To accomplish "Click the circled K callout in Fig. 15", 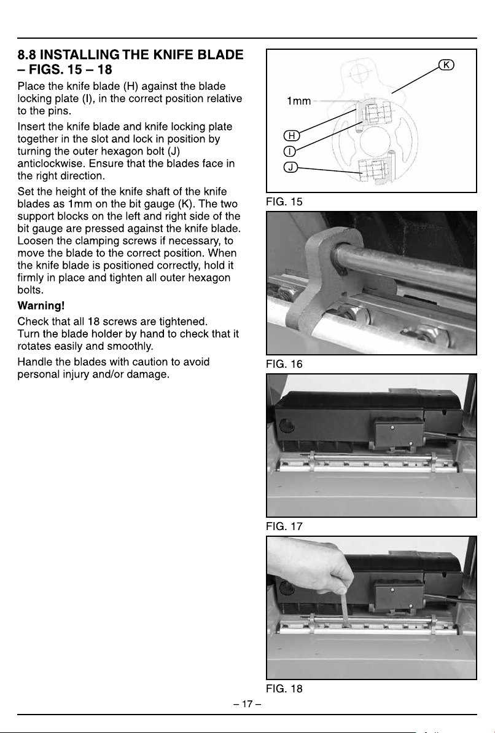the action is (x=446, y=65).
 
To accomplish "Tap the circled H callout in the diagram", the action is (x=291, y=135).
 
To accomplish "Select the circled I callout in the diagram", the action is (x=289, y=151).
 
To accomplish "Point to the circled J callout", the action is (x=290, y=167).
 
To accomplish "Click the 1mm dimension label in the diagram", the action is (x=298, y=101).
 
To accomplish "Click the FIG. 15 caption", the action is (x=284, y=202).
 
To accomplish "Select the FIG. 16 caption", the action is (x=284, y=364).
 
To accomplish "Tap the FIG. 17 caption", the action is (x=284, y=526).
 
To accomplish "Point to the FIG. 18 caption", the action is (x=284, y=689).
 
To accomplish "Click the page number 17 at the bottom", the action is (x=247, y=703).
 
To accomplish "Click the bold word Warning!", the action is (x=41, y=306).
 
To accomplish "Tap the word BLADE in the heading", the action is (x=220, y=55).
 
